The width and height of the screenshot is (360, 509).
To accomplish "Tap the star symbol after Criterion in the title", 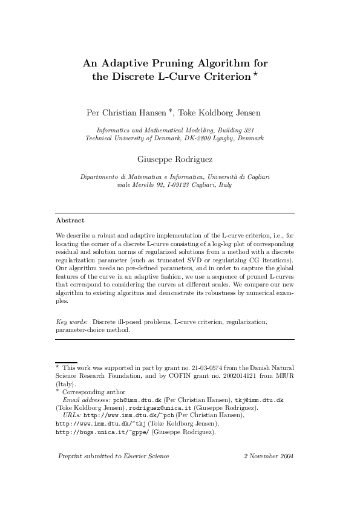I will pyautogui.click(x=256, y=74).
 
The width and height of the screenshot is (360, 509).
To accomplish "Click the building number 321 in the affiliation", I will pyautogui.click(x=253, y=130).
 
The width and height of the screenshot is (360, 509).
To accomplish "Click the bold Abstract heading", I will pyautogui.click(x=70, y=220).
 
